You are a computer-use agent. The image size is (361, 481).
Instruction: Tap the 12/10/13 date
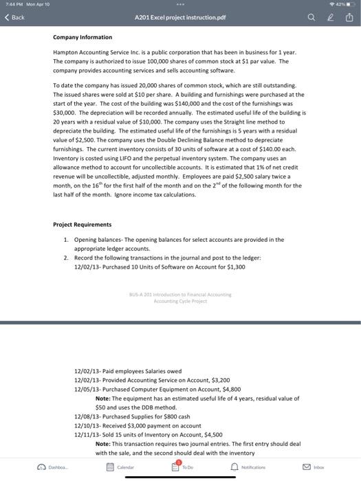click(x=86, y=426)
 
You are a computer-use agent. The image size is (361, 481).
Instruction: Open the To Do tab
click(x=180, y=468)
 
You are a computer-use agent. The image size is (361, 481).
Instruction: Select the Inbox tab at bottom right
click(x=314, y=468)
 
